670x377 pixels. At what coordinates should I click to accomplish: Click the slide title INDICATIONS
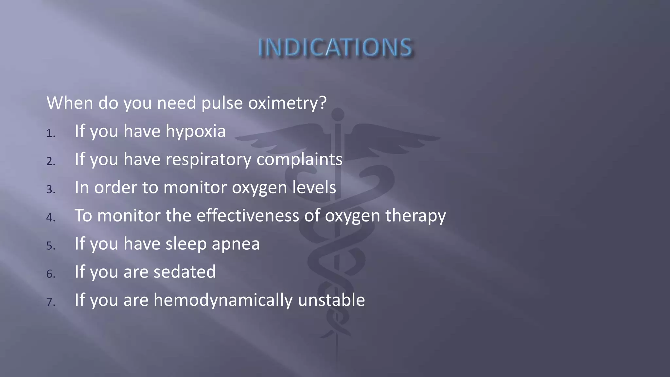335,48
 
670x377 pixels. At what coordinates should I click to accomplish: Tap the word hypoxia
196,132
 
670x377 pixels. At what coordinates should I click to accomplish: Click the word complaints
299,160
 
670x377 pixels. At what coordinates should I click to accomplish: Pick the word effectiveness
248,216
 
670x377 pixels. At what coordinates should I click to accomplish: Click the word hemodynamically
223,300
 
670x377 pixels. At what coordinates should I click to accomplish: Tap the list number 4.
50,218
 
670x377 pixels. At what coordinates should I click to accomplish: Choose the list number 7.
50,302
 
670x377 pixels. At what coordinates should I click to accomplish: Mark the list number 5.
50,246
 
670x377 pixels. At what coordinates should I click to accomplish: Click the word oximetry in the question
287,103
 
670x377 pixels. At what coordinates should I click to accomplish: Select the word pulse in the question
222,103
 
